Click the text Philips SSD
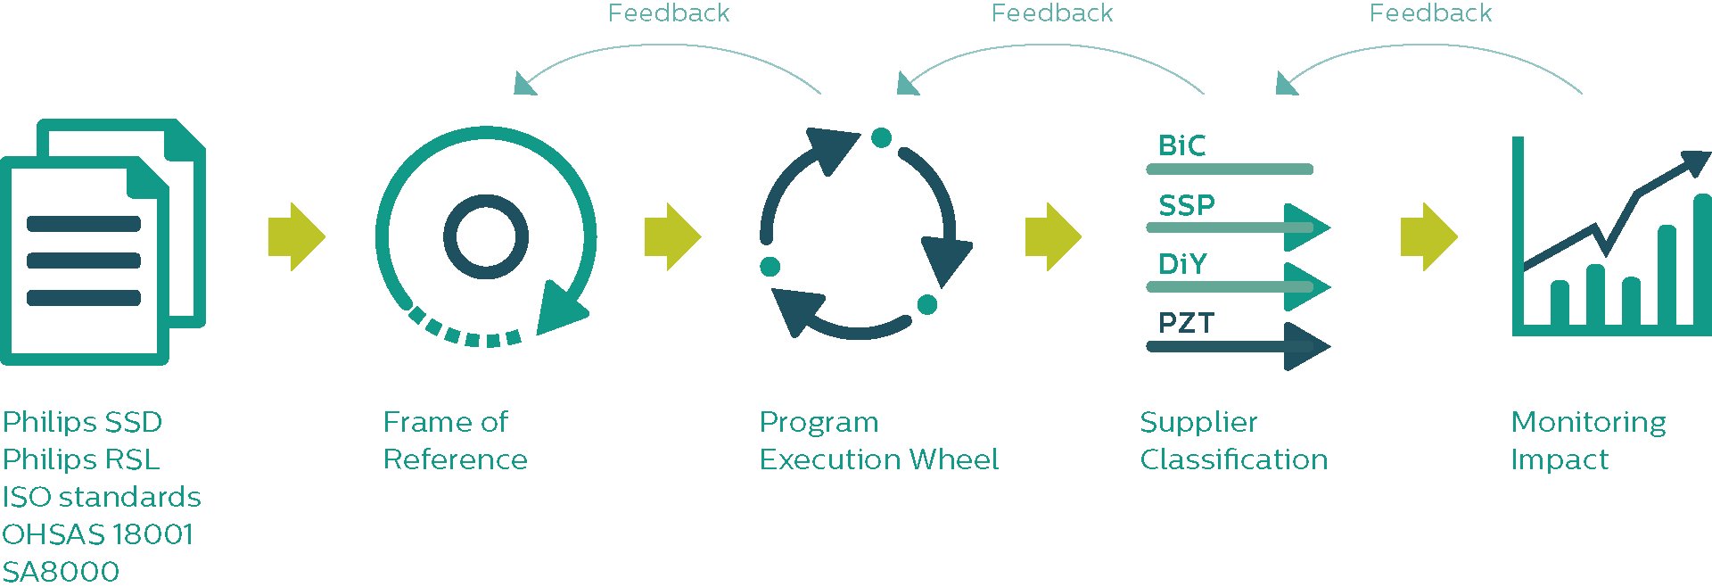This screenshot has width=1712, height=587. click(82, 422)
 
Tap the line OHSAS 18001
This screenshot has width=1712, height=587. click(97, 534)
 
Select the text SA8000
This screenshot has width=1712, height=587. click(61, 571)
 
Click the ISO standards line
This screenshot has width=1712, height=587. click(102, 497)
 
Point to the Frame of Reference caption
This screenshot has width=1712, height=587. click(455, 441)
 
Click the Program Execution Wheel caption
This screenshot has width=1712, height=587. click(878, 441)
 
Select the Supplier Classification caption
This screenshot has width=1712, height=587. click(1233, 441)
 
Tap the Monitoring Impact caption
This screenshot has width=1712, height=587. click(1588, 441)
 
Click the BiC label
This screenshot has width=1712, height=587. click(1181, 145)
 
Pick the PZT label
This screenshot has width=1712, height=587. click(1186, 323)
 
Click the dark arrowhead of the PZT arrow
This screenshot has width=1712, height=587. click(1305, 346)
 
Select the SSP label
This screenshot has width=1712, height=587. click(1186, 205)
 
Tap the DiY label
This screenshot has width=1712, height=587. click(1182, 264)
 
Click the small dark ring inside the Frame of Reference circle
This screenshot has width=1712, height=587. click(486, 237)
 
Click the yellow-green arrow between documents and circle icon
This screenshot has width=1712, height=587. click(297, 237)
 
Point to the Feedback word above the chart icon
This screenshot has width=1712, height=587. click(1430, 13)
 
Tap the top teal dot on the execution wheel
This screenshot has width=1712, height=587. click(881, 137)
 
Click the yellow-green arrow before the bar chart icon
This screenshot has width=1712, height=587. click(1428, 237)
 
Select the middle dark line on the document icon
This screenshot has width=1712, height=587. click(84, 260)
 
